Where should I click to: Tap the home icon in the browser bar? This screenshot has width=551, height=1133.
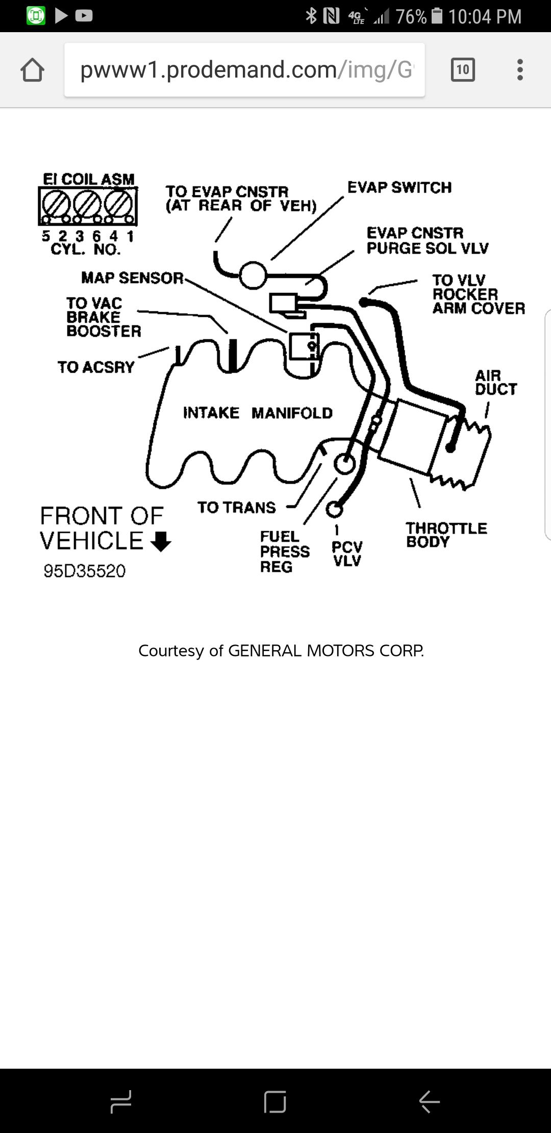click(x=32, y=70)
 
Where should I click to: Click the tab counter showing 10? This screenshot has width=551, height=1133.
click(x=463, y=69)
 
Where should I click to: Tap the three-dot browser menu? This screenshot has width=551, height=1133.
click(x=520, y=69)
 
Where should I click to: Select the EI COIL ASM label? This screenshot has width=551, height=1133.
click(x=88, y=179)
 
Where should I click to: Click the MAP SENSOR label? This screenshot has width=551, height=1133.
click(x=132, y=278)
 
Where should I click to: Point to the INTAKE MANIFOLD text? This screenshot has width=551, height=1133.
click(x=258, y=412)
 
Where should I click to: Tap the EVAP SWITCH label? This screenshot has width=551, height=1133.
click(x=399, y=187)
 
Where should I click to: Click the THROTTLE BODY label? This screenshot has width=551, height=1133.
click(x=446, y=534)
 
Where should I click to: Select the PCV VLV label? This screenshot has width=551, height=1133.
click(x=347, y=553)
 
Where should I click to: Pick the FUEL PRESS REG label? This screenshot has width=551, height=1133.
click(x=284, y=551)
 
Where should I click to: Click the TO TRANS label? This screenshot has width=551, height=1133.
click(x=236, y=507)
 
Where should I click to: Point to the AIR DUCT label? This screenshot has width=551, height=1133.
click(x=495, y=382)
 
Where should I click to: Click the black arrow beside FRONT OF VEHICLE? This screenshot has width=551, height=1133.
click(x=161, y=541)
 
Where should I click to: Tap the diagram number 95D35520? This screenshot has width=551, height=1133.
click(x=84, y=571)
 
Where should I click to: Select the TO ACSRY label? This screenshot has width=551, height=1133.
click(x=95, y=367)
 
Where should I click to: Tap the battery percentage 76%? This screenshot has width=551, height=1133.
click(x=411, y=16)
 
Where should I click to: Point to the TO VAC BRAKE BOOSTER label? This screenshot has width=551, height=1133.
click(x=103, y=317)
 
